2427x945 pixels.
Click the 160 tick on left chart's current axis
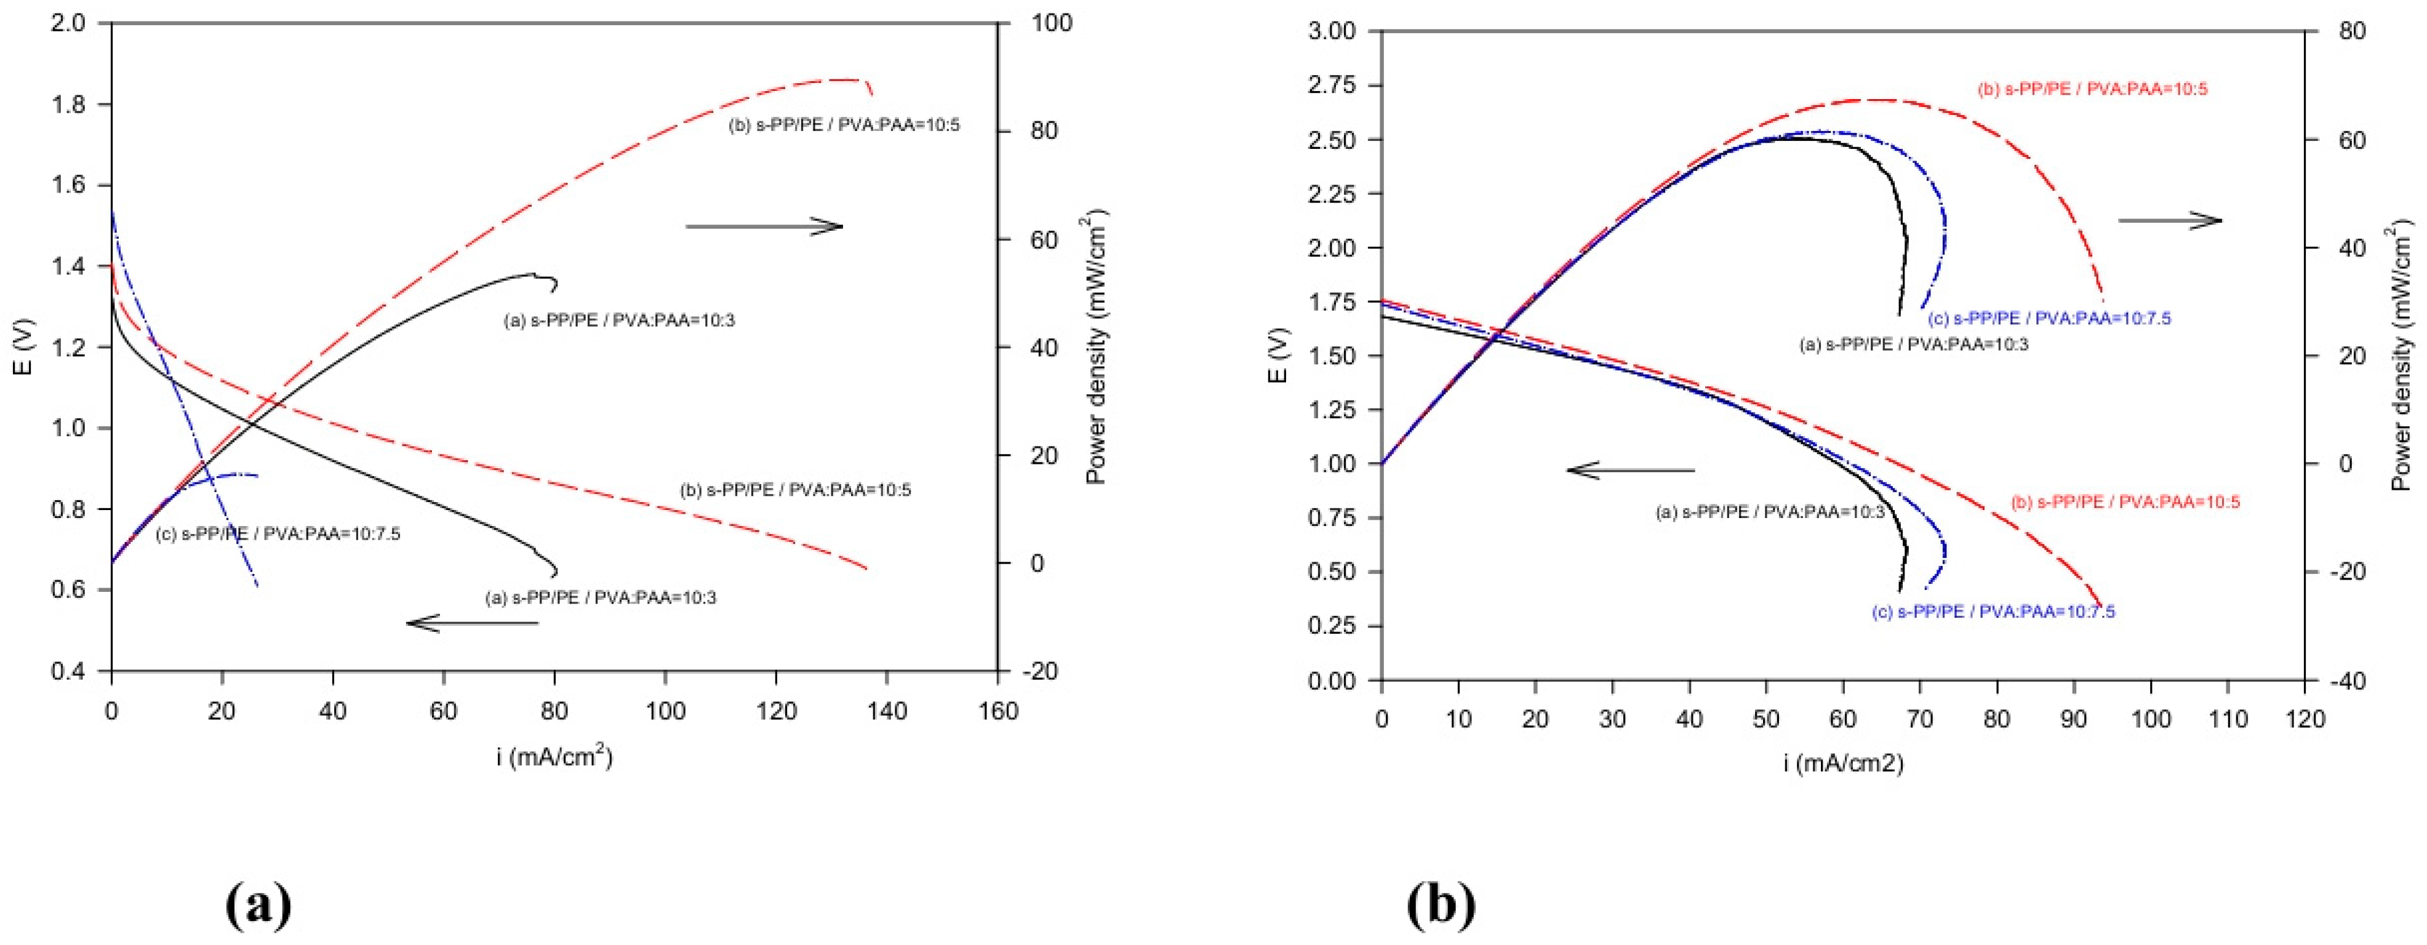tap(998, 711)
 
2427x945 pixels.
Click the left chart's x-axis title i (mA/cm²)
tap(555, 757)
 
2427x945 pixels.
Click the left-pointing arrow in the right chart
tap(1631, 469)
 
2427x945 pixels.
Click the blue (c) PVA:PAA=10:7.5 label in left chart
tap(278, 534)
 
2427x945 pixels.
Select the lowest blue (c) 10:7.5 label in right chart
tap(1993, 612)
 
